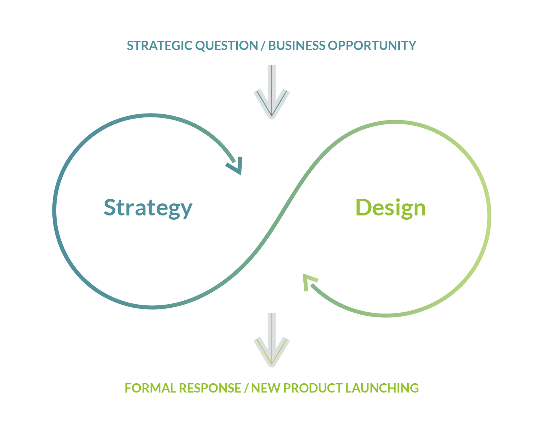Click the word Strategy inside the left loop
tap(148, 208)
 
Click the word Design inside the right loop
tap(391, 208)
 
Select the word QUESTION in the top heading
tap(227, 46)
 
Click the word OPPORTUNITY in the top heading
tap(372, 46)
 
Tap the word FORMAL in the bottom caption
tap(150, 388)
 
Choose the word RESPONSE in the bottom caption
tap(210, 388)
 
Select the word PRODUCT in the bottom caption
tap(313, 388)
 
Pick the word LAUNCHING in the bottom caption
tap(382, 388)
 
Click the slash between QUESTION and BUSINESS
tap(263, 46)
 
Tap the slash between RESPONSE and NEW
tap(246, 388)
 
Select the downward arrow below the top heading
tap(271, 92)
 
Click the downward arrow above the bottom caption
tap(271, 340)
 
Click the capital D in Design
tap(363, 207)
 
